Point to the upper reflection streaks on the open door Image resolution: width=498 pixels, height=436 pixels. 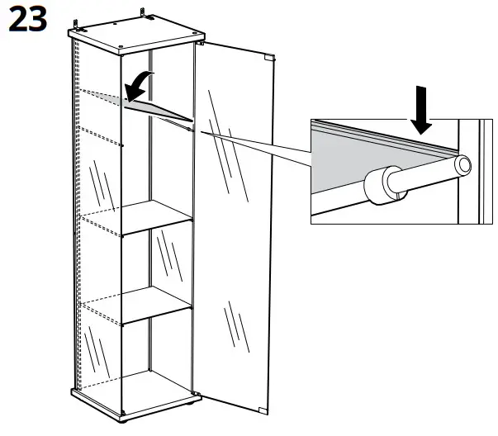pos(223,132)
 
